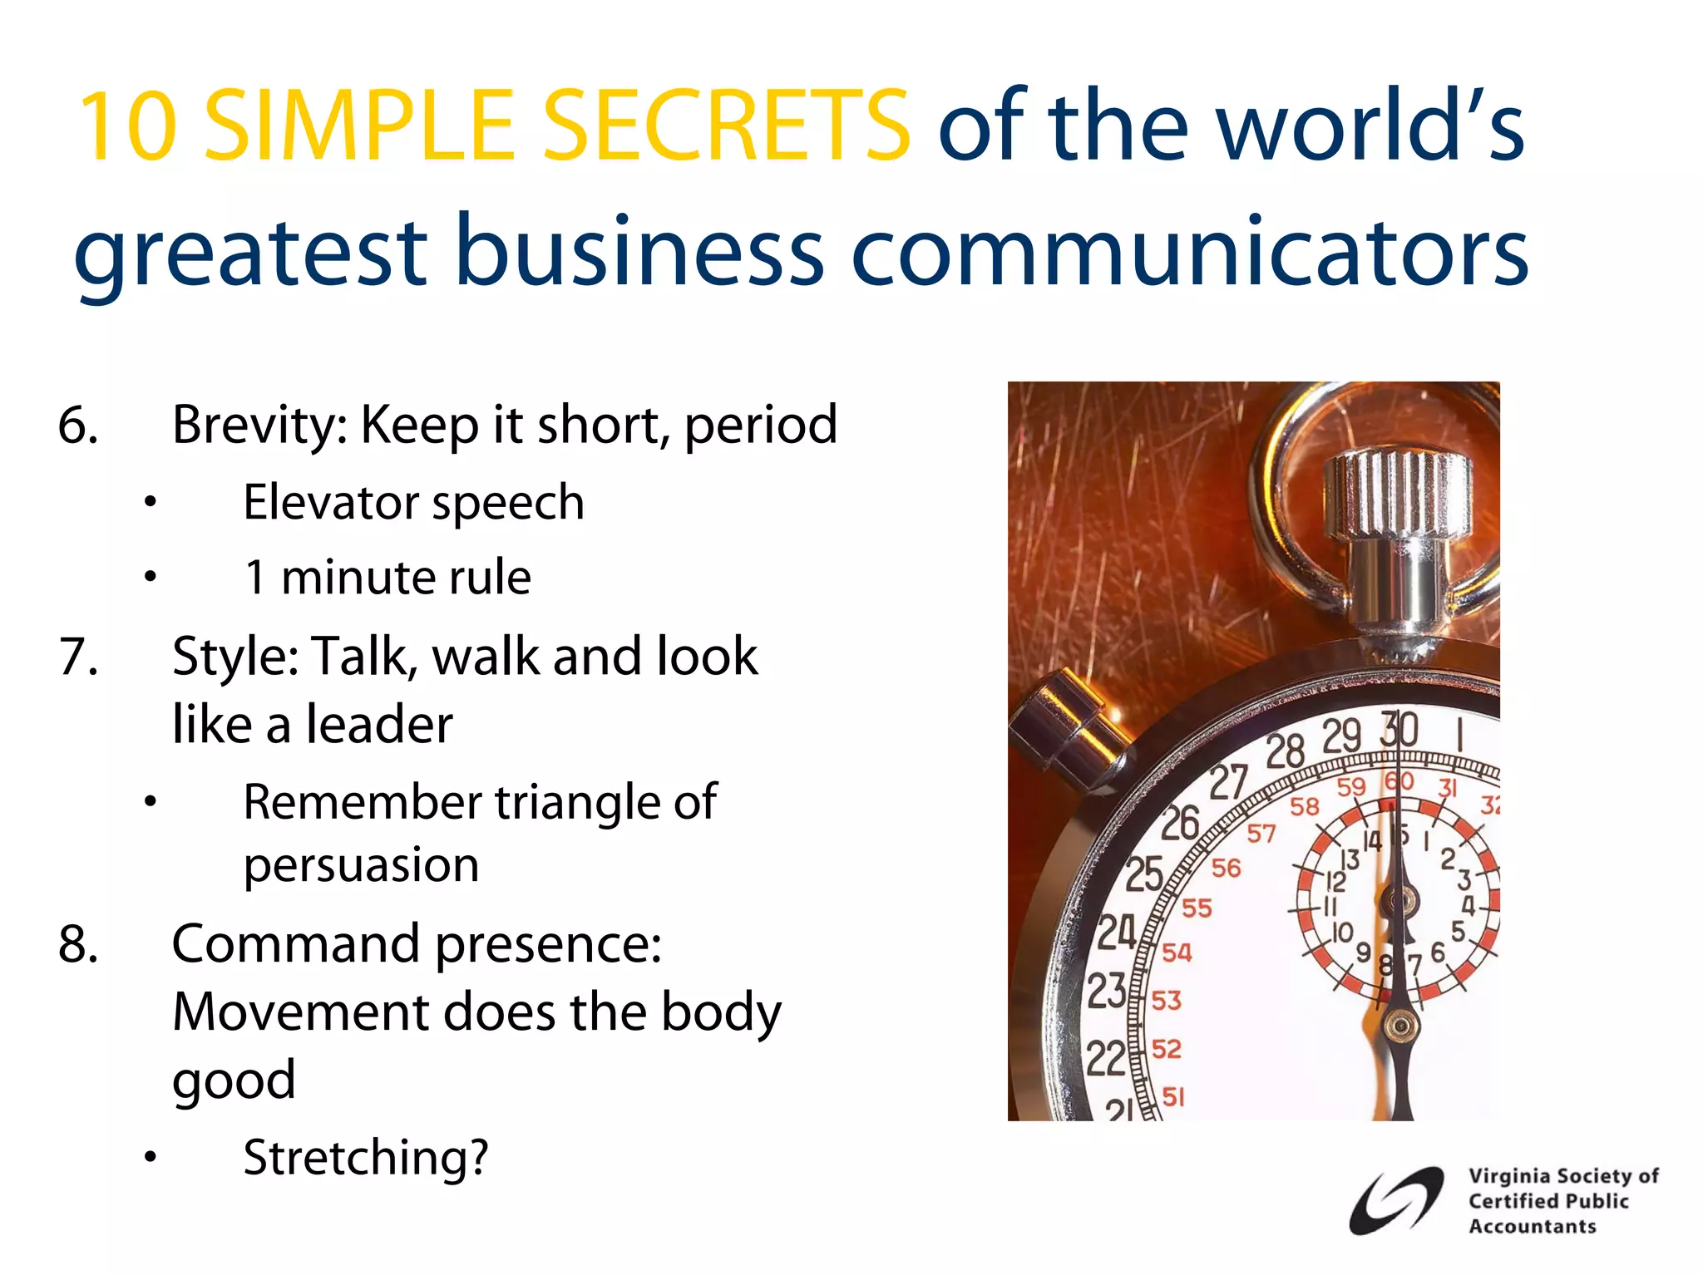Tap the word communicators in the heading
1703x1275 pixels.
point(1190,251)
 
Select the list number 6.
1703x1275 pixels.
point(78,425)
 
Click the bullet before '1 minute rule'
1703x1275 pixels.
point(150,577)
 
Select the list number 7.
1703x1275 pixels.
point(78,657)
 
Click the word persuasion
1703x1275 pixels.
point(361,865)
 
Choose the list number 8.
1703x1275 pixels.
point(78,944)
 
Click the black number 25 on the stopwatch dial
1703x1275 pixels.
point(1144,874)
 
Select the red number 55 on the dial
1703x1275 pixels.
point(1197,908)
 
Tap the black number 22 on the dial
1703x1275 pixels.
point(1105,1059)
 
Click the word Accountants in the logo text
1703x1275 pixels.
point(1532,1227)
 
